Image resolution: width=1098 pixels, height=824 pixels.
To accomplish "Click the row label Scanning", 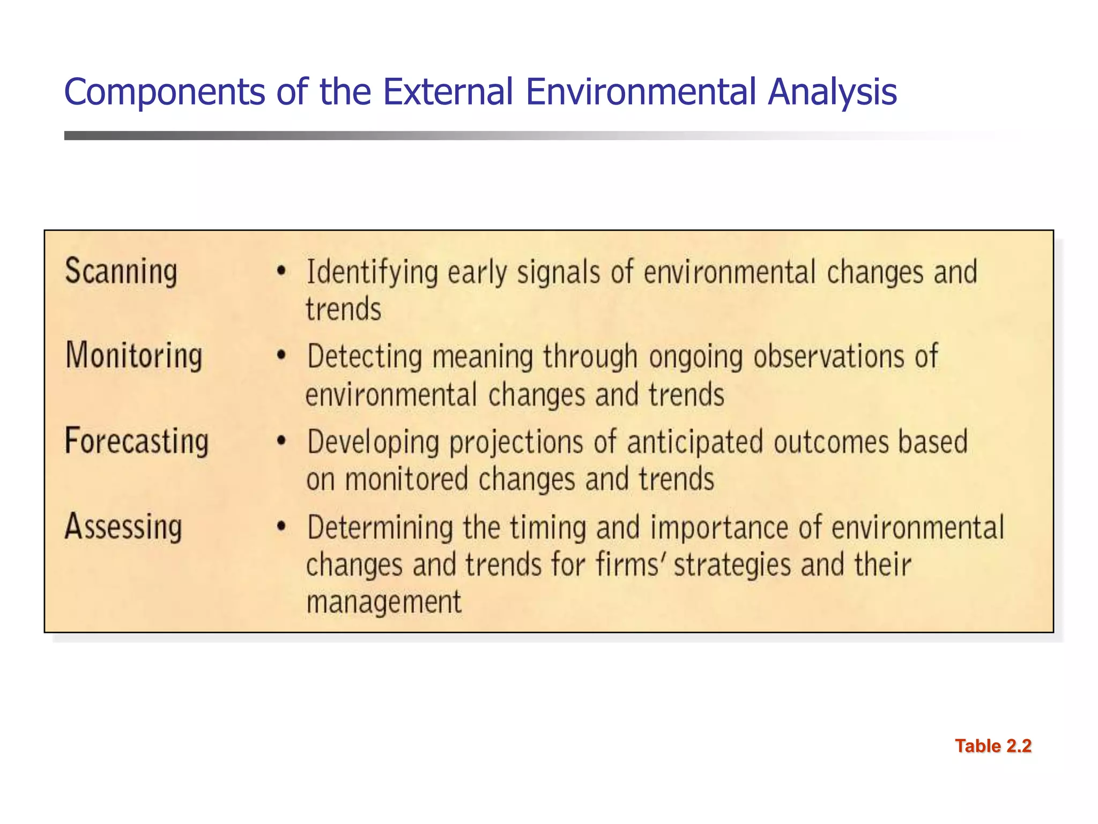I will point(121,271).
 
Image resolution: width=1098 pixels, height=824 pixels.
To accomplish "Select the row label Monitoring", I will point(134,356).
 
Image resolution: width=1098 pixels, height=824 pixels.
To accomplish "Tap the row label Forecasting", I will point(137,441).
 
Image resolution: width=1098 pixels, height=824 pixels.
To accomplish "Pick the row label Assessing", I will point(124,526).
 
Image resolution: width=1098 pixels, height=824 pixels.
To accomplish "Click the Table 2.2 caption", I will point(993,746).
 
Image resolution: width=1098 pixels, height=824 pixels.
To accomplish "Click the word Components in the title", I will point(164,91).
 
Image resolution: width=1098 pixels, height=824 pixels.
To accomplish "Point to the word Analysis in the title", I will point(832,91).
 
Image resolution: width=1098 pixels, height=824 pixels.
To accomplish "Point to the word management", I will point(384,602).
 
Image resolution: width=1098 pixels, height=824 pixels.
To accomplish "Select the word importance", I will point(719,528).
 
